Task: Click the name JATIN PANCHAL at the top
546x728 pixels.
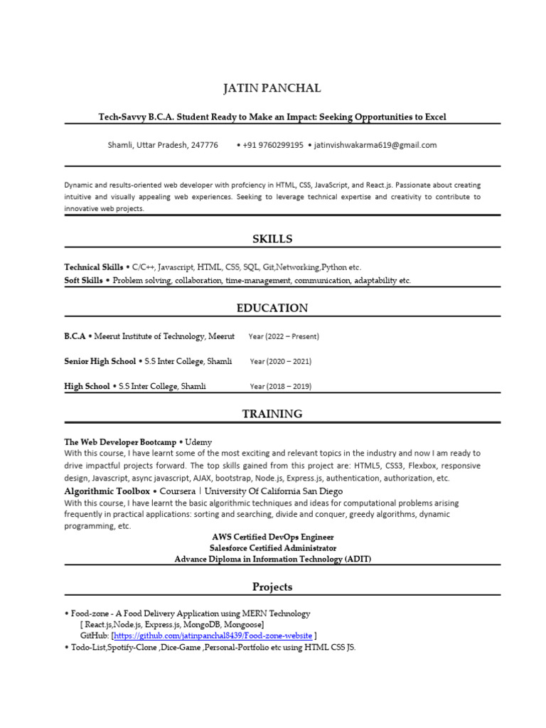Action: click(272, 88)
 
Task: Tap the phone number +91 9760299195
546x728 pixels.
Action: click(272, 145)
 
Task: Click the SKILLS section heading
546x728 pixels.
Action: click(272, 239)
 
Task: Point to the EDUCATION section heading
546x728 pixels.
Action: click(272, 308)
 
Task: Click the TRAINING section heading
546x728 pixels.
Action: click(272, 414)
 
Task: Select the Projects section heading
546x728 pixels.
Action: click(272, 587)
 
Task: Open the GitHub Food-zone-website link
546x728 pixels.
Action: click(213, 635)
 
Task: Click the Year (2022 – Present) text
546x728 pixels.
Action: click(284, 336)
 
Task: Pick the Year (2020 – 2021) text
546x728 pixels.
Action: click(280, 361)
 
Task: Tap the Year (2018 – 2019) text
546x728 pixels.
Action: click(280, 386)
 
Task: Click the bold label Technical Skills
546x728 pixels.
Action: click(93, 267)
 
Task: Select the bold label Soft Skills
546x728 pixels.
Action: click(83, 281)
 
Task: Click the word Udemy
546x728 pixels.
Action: click(198, 441)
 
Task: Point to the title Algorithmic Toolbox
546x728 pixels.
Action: click(107, 491)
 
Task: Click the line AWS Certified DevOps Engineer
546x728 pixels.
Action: click(272, 537)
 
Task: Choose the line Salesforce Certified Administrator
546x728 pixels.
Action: click(272, 548)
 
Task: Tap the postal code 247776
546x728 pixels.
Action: click(205, 145)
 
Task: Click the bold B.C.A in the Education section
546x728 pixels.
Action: click(75, 336)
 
